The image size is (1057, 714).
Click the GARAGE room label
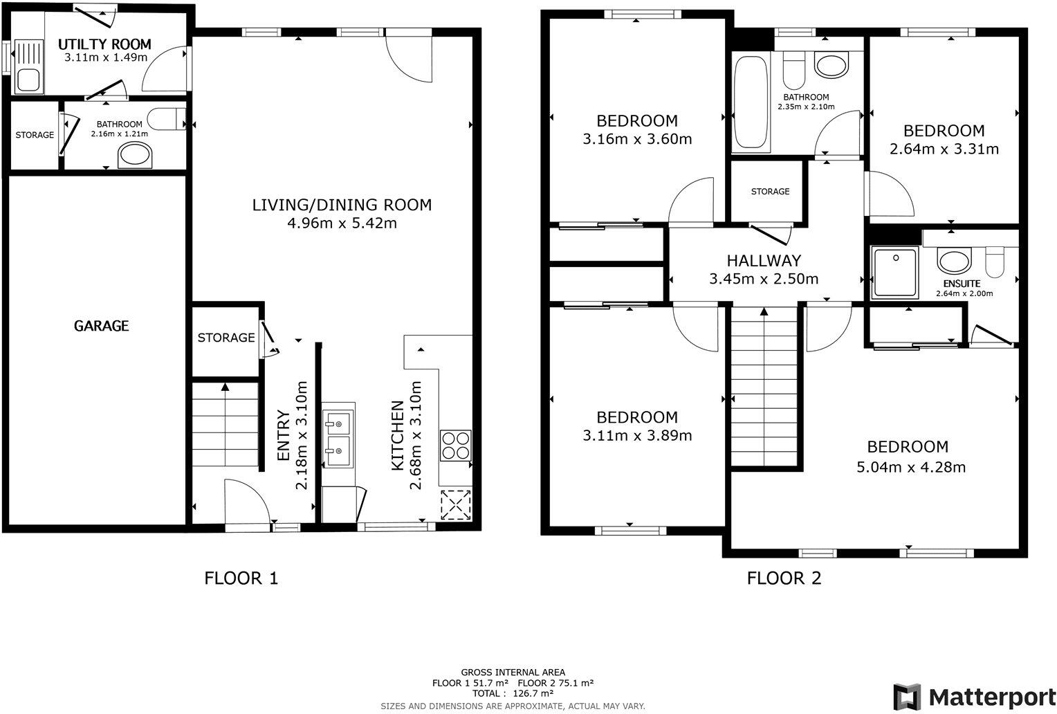(101, 325)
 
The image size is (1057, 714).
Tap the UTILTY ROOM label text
(104, 44)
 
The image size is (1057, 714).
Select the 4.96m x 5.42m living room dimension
(342, 223)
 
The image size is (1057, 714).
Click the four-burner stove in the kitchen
(456, 445)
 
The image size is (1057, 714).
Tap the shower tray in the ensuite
(894, 273)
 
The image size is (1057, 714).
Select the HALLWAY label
(764, 261)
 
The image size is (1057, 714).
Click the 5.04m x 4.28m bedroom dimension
(911, 467)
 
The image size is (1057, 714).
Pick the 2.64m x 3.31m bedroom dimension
(944, 149)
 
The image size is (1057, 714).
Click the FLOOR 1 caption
(241, 578)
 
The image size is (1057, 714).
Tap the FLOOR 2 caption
(784, 578)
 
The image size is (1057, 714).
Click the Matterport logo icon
(907, 696)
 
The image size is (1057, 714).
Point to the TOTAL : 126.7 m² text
(513, 693)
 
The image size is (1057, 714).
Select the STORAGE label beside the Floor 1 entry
(226, 338)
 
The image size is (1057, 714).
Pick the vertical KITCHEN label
(397, 436)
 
